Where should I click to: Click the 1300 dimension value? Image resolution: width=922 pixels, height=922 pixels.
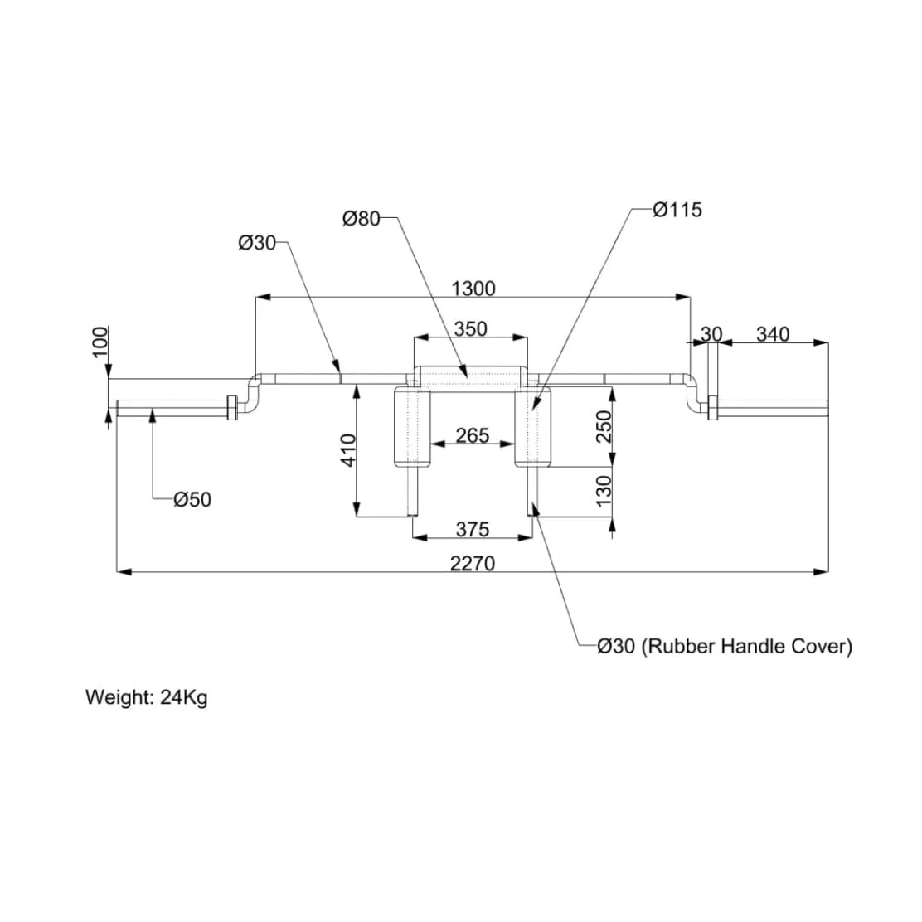tap(473, 288)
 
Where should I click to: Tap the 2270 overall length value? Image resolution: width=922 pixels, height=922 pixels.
tap(473, 564)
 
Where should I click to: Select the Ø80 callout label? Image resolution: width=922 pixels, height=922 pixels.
tap(361, 219)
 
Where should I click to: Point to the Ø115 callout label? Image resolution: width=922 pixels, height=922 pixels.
tap(677, 210)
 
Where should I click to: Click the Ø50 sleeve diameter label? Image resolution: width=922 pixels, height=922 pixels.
tap(192, 499)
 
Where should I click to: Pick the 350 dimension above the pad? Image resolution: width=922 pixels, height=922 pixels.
tap(471, 328)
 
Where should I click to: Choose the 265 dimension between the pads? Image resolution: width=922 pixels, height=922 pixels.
tap(473, 434)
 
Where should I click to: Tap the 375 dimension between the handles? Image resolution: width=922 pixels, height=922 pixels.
tap(473, 528)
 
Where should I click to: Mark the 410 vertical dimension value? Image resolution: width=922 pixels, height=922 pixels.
tap(349, 450)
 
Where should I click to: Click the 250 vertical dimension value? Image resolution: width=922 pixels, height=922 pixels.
tap(604, 426)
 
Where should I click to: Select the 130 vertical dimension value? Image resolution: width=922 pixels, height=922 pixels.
tap(604, 491)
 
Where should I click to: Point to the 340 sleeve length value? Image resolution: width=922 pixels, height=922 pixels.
tap(772, 334)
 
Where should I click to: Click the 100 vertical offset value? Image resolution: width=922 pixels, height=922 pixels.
tap(100, 342)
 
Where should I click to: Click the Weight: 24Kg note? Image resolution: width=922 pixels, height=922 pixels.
tap(147, 696)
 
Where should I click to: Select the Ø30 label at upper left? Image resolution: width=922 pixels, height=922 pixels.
tap(256, 243)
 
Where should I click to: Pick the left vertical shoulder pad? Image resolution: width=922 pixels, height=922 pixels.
tap(412, 427)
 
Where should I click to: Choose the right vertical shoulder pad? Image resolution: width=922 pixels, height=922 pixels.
tap(532, 427)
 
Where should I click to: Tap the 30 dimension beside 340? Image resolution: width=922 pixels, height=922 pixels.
tap(711, 334)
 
